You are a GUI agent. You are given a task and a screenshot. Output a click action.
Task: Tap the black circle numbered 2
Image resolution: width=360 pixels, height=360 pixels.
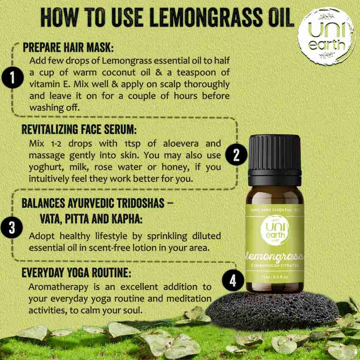236,155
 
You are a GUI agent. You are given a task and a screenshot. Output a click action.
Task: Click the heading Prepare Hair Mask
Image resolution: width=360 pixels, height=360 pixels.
68,47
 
